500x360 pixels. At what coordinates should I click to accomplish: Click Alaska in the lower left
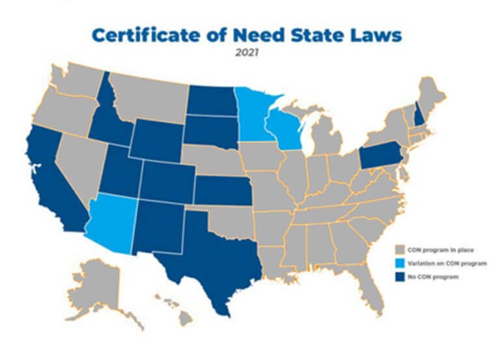pos(94,290)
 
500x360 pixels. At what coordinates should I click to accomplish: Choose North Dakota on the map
pos(211,101)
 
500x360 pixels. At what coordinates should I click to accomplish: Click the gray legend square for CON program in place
pos(400,249)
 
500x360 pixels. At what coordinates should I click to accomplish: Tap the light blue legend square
pos(400,263)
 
